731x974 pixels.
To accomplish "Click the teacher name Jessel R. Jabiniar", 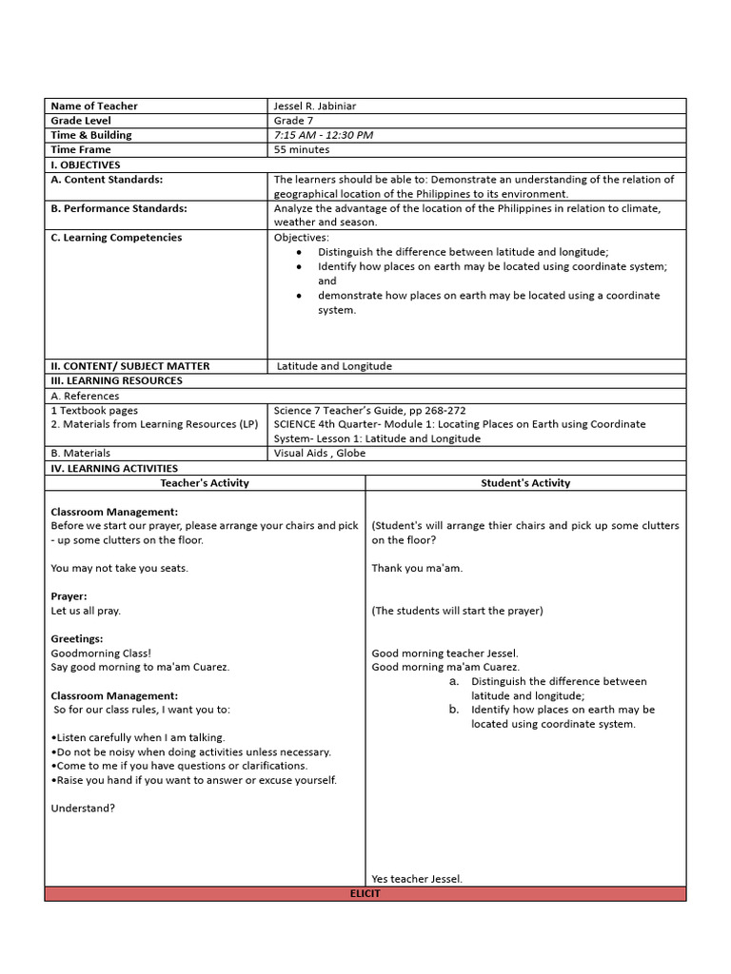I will pos(315,107).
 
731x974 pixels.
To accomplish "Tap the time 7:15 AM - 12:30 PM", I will pos(324,135).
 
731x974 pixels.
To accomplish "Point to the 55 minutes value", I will pos(302,149).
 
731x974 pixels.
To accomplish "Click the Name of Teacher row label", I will pos(94,107).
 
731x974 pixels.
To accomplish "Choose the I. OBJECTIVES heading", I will pos(86,165).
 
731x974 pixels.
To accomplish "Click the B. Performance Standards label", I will pos(119,207).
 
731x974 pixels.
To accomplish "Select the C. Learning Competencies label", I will pos(116,237).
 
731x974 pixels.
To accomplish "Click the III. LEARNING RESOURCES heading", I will pos(116,380).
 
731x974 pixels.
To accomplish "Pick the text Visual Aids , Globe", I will pos(320,454).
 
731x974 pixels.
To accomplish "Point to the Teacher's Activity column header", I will pos(205,483).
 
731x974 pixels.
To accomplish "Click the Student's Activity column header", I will pos(525,483).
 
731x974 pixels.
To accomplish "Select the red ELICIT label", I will pos(365,894).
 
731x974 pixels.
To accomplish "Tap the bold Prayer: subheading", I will pos(69,596).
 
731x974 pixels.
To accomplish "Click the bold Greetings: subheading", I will pos(77,639).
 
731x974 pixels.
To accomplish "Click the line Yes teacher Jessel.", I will pos(417,879).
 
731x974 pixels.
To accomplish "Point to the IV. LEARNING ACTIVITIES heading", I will pos(114,468).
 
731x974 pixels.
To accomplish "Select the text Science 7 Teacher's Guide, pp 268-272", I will pos(369,411).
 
